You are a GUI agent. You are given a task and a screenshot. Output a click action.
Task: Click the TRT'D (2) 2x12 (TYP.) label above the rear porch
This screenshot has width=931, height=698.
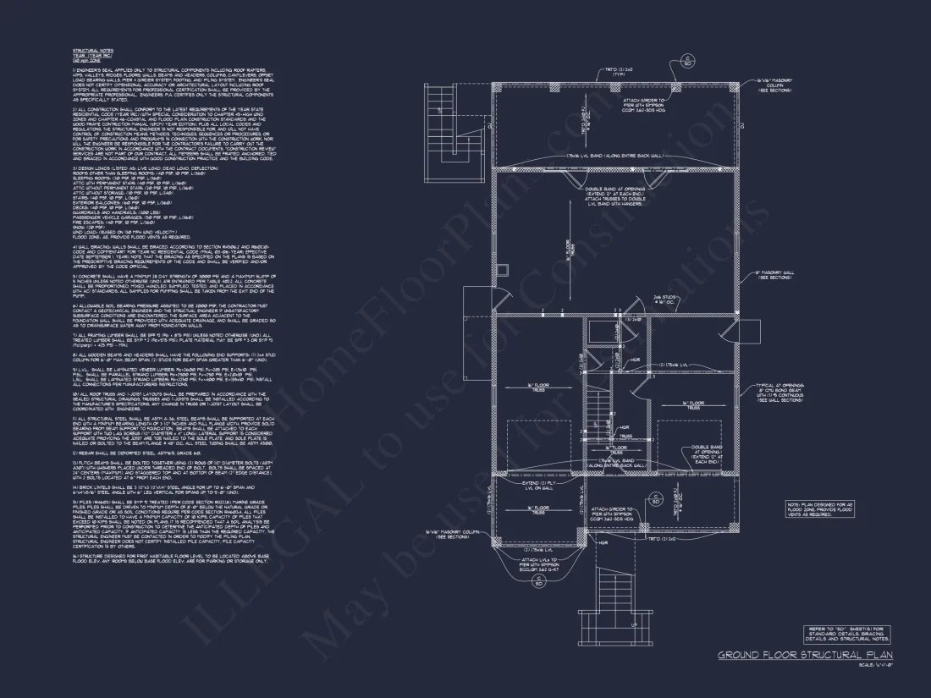point(624,73)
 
